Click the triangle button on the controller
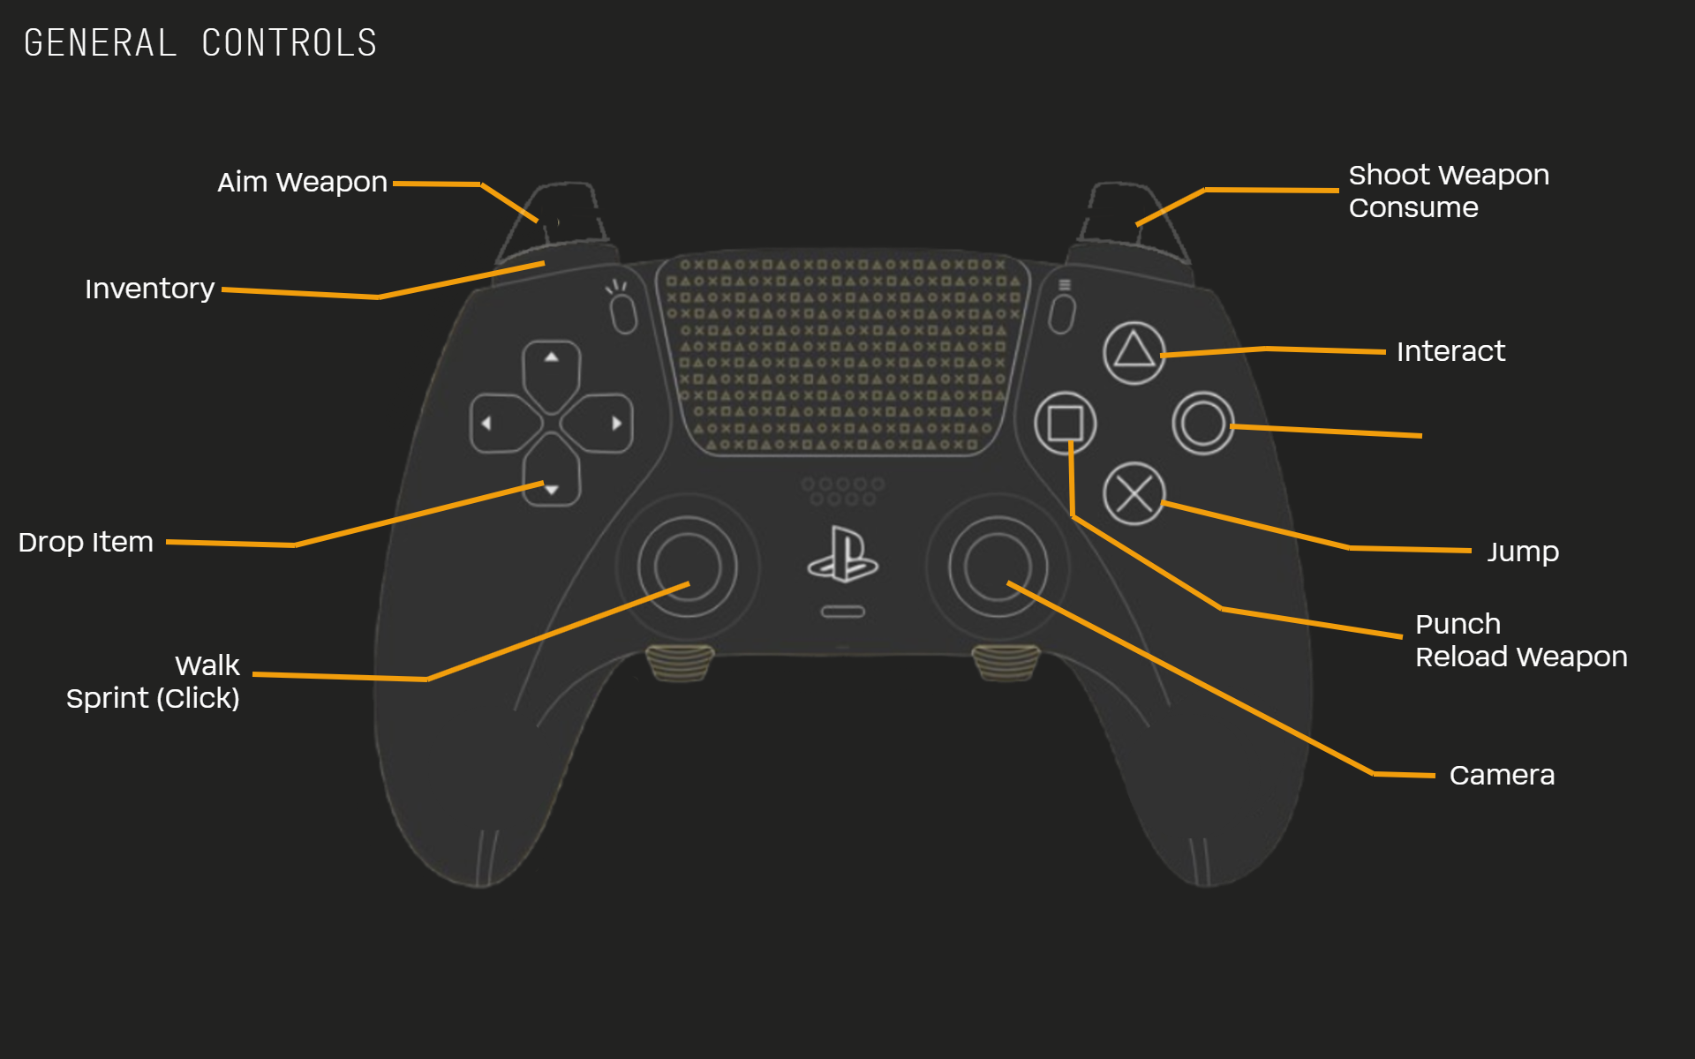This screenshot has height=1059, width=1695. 1134,352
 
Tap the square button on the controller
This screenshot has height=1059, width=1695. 1066,424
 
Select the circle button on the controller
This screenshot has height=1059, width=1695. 1202,424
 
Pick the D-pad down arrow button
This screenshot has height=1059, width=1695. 551,481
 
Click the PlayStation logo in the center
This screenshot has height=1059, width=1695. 842,555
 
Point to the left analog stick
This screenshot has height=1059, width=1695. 687,567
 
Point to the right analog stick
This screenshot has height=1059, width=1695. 998,567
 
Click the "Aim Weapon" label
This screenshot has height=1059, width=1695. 302,183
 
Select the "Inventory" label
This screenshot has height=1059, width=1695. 149,289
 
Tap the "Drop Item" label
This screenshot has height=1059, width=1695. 86,542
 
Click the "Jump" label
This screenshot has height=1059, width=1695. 1523,552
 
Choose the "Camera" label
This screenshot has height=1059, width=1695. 1502,776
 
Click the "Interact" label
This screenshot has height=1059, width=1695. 1450,352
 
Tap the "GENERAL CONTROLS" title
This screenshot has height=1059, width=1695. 200,43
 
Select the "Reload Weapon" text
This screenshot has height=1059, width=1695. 1521,657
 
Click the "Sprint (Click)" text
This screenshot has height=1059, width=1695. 153,698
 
